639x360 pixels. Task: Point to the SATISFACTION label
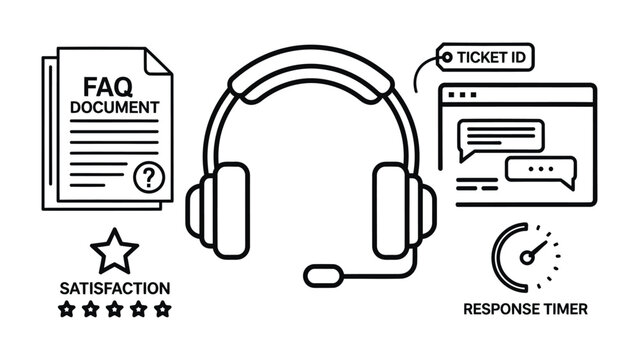pos(115,288)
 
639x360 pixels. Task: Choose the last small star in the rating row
pos(163,309)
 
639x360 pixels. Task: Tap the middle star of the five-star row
pos(115,309)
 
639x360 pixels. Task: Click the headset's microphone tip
pos(322,272)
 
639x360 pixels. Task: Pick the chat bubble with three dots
pos(541,171)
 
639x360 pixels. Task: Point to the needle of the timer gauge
pos(537,247)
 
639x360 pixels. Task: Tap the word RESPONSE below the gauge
pos(499,309)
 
